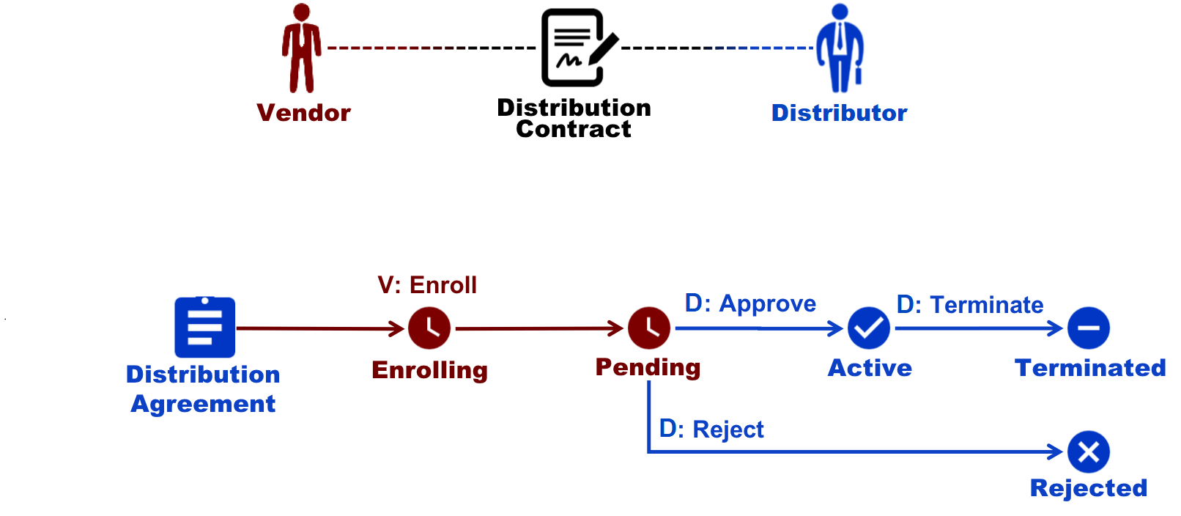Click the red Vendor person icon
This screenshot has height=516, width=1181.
click(301, 48)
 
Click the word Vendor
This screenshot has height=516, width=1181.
click(303, 113)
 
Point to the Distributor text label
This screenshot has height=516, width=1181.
click(839, 113)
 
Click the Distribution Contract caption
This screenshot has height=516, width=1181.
click(574, 118)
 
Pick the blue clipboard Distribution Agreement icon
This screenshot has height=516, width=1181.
click(205, 328)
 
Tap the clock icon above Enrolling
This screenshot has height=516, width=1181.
click(429, 328)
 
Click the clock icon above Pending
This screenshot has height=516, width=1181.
click(648, 328)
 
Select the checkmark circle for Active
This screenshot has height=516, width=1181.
click(869, 328)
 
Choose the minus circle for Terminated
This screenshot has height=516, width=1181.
click(1088, 328)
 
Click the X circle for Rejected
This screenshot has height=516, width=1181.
click(1088, 451)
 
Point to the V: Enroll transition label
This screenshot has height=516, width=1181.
click(427, 284)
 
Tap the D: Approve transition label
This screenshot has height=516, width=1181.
click(750, 303)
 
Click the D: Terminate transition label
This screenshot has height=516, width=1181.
click(970, 304)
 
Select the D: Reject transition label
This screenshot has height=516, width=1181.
click(711, 429)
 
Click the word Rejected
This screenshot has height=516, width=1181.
click(1088, 488)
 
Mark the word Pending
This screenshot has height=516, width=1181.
click(648, 367)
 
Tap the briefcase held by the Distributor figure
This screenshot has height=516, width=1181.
click(859, 75)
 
